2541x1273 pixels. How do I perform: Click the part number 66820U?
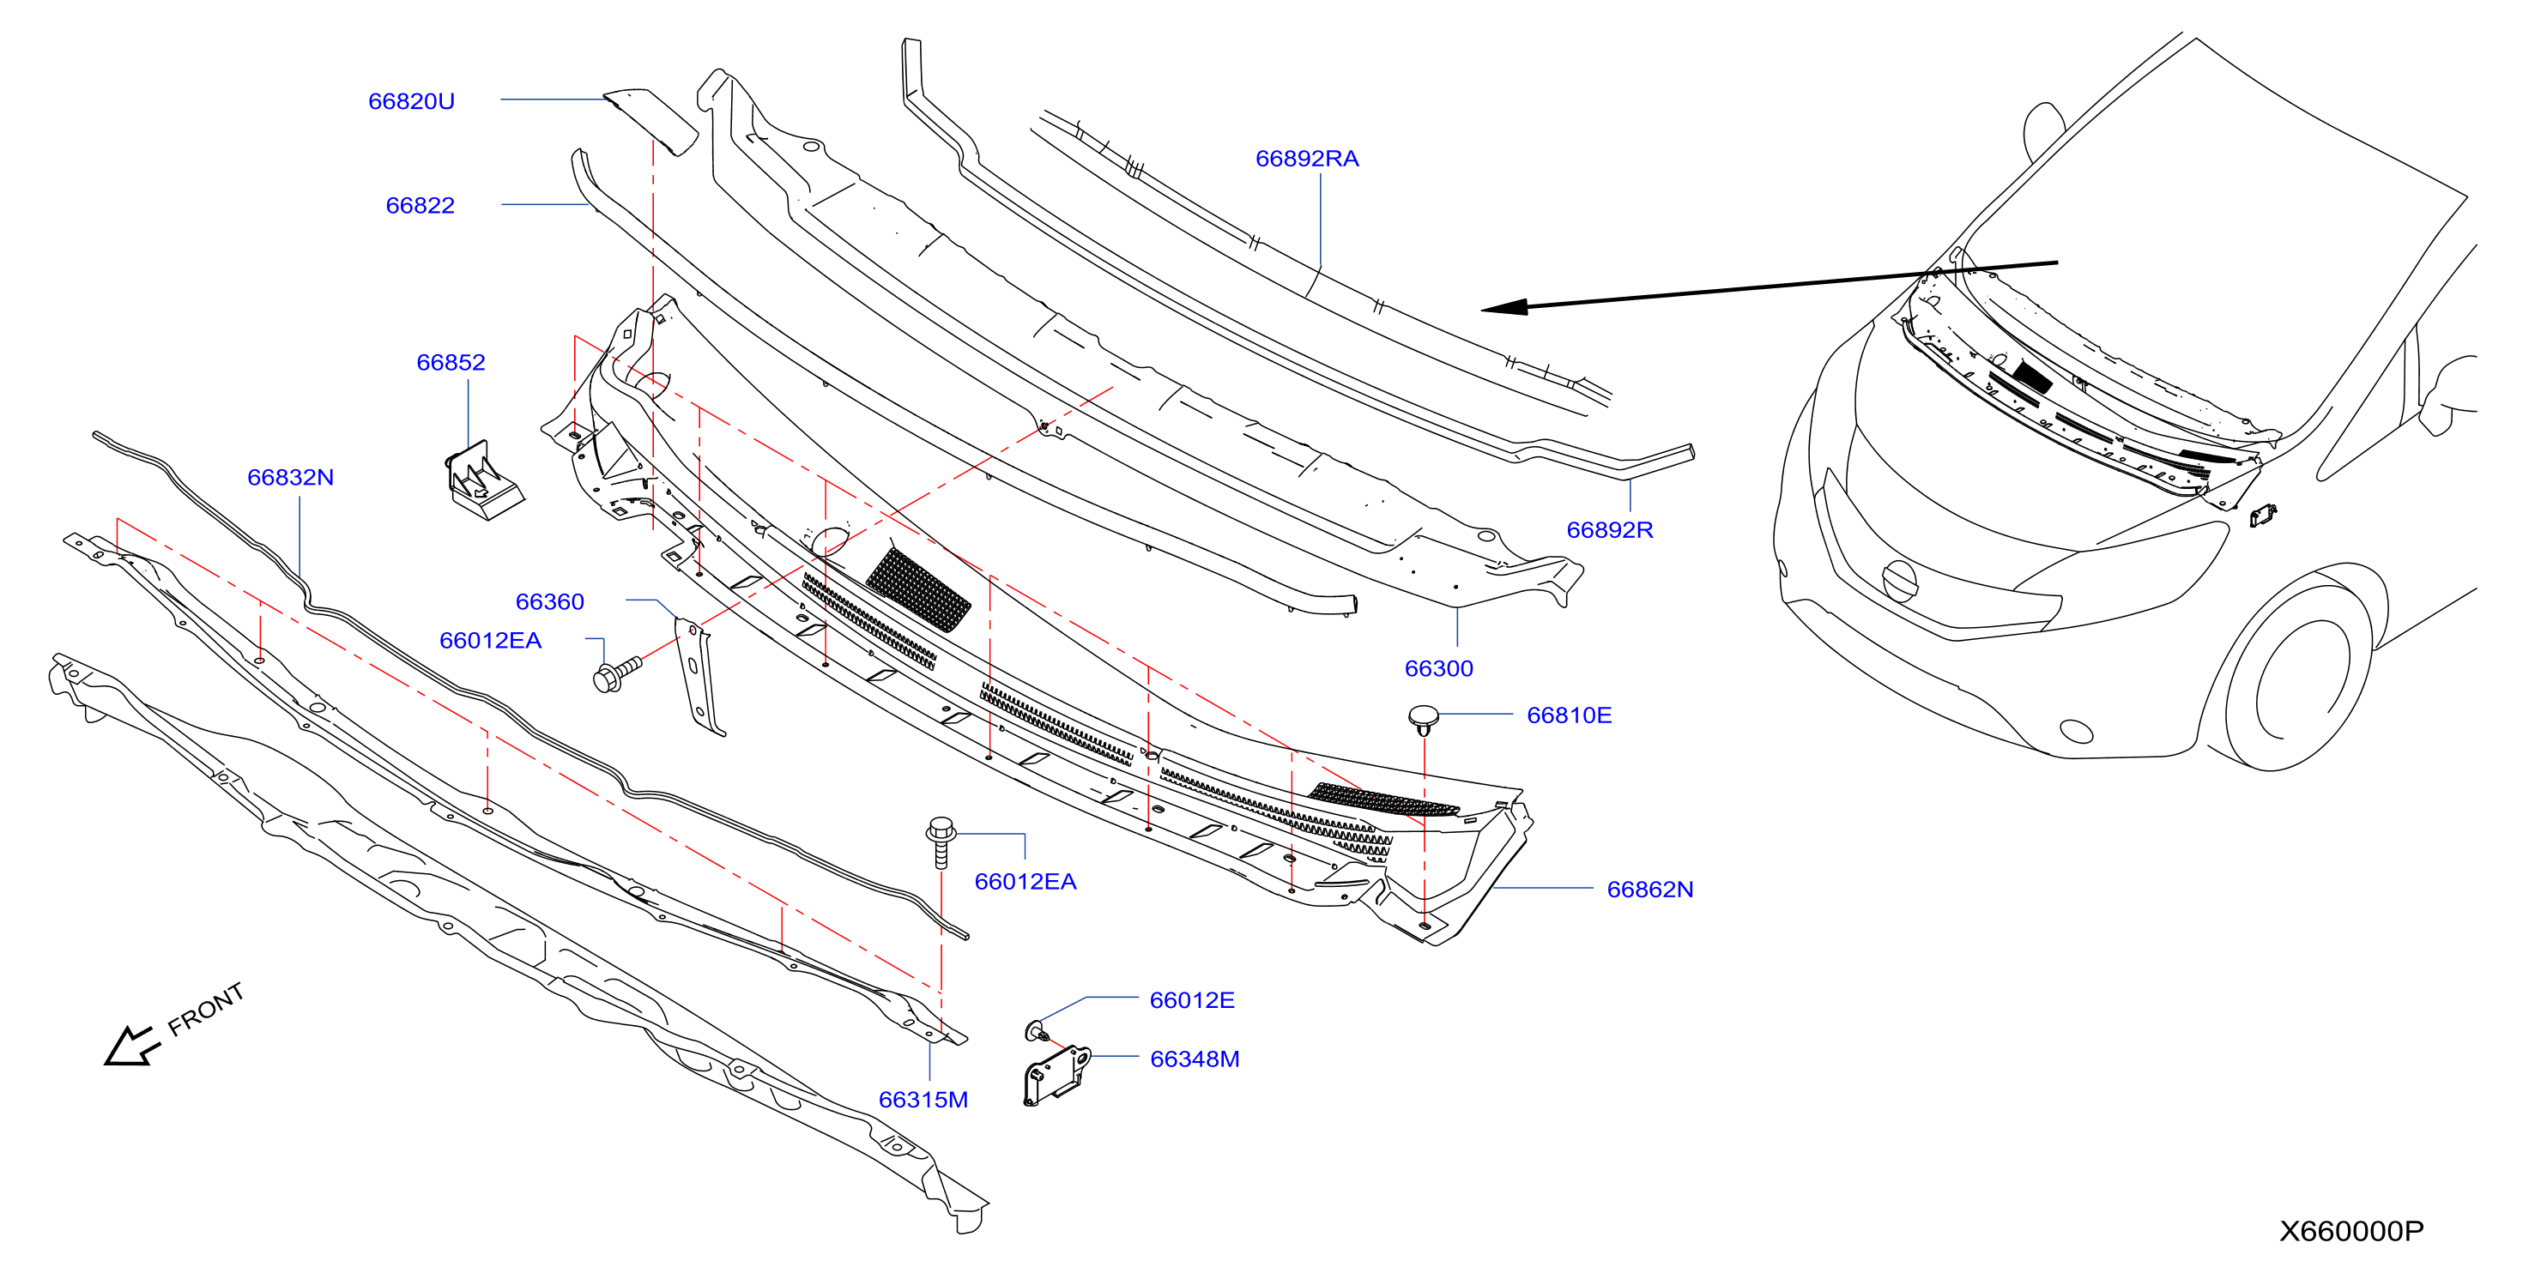[411, 101]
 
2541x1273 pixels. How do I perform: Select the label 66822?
[420, 205]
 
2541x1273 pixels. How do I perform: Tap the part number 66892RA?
[1307, 159]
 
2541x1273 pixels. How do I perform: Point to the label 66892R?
[1610, 529]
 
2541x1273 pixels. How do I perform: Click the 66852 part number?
[451, 362]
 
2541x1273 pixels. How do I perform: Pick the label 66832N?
[290, 477]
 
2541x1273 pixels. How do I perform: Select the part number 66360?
[549, 601]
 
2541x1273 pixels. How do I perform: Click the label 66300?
[1439, 668]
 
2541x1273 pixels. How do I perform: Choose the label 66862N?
[1650, 890]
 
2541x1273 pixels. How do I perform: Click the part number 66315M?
[923, 1100]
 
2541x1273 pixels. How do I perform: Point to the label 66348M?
[1195, 1059]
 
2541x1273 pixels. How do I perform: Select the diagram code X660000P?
[2351, 1232]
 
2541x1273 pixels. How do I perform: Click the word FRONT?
[205, 1010]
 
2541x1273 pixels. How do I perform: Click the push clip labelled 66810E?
[1424, 720]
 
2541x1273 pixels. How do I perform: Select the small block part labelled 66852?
[482, 480]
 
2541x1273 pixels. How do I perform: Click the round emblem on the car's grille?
[1900, 580]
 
